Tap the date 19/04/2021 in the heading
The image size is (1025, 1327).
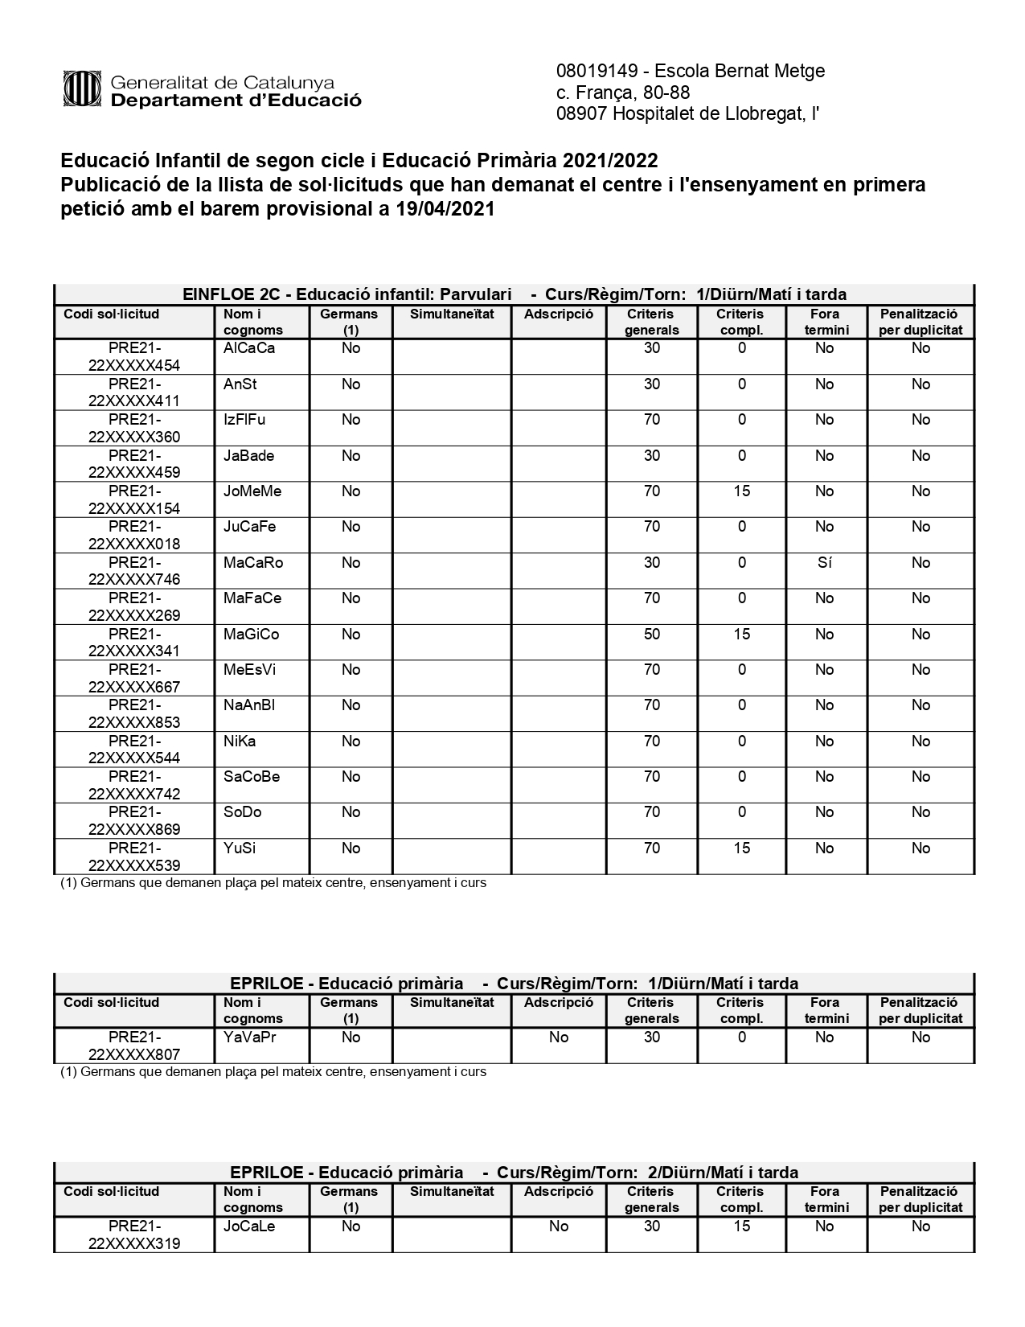[445, 210]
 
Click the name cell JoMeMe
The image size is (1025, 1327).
[252, 491]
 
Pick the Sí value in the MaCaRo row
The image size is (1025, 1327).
[824, 563]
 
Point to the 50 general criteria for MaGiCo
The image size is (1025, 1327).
[651, 635]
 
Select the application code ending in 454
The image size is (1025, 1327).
[134, 357]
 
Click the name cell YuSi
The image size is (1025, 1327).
[240, 848]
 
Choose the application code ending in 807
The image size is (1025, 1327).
[134, 1046]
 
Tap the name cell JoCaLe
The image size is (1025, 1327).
[249, 1226]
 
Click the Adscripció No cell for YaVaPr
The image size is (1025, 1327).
[559, 1037]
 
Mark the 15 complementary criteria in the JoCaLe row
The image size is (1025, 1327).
[741, 1226]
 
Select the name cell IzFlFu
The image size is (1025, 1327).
[244, 420]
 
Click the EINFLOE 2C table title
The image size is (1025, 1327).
[515, 294]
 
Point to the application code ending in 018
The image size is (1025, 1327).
[134, 536]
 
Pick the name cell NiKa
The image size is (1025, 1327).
[240, 742]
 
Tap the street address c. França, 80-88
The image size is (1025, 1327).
[623, 92]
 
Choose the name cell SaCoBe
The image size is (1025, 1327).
[252, 777]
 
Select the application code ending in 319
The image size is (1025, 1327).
[134, 1235]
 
